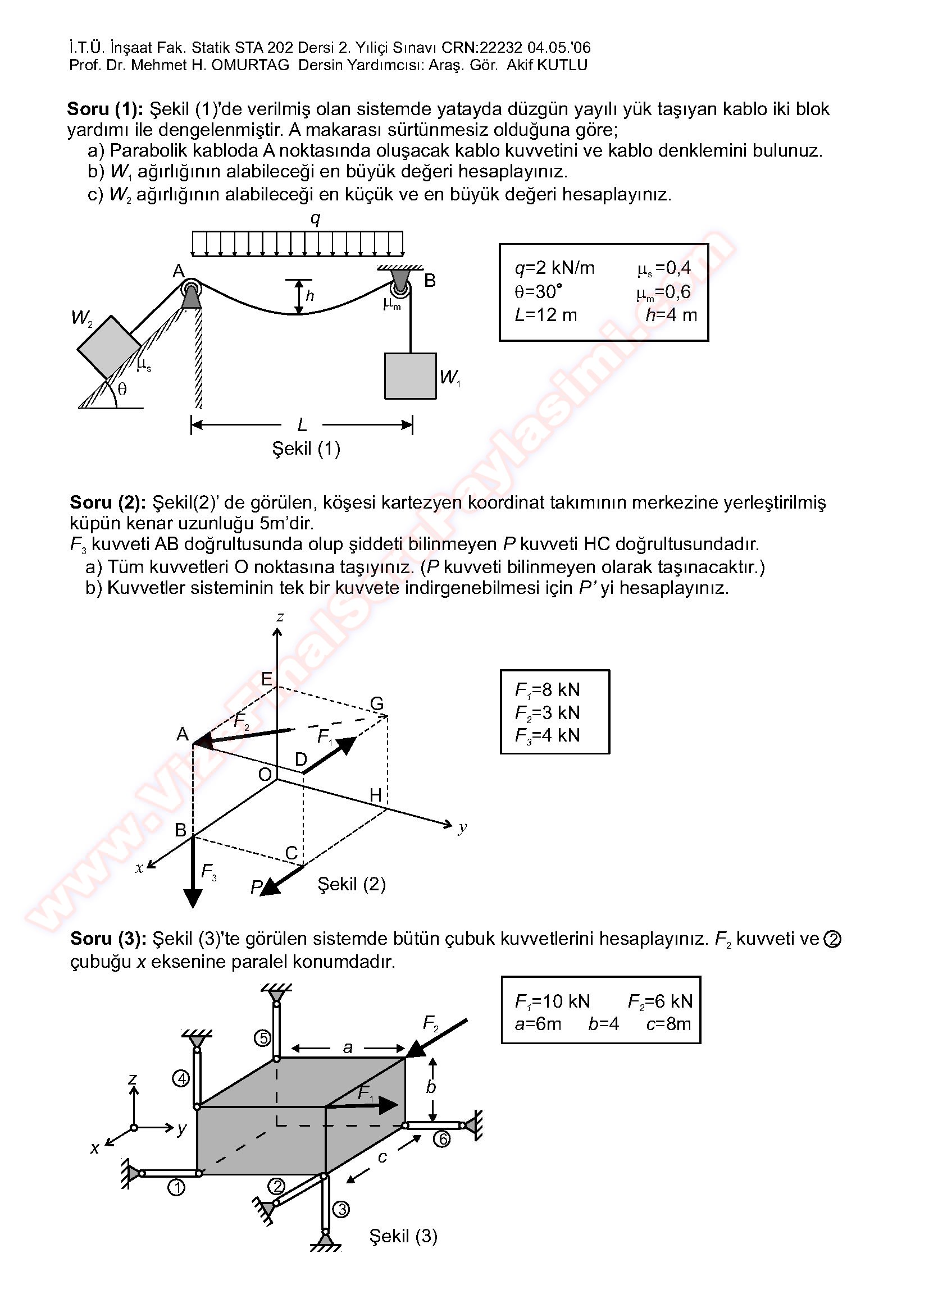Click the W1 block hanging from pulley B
[410, 376]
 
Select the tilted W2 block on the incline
[109, 346]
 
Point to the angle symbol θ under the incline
[122, 390]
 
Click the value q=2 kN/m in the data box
[554, 268]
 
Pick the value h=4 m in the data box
[671, 314]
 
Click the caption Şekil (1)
[306, 449]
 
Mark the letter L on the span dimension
[302, 425]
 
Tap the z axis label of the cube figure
[280, 617]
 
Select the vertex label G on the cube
[376, 703]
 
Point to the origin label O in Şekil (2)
[265, 775]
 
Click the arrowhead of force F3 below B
[193, 899]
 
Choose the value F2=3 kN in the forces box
[548, 712]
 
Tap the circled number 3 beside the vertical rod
[341, 1210]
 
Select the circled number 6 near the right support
[441, 1140]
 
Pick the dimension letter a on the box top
[348, 1047]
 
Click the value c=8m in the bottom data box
[669, 1024]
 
